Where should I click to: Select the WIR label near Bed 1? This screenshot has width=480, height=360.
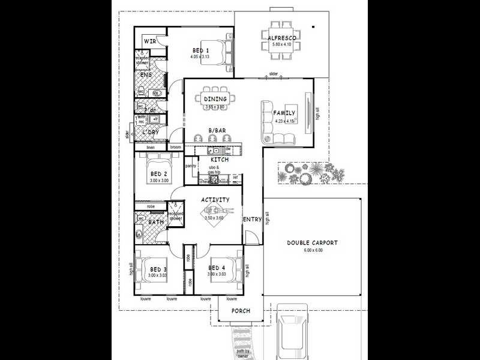tap(150, 41)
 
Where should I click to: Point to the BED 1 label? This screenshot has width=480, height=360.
tap(200, 50)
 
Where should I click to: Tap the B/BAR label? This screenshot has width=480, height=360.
tap(217, 130)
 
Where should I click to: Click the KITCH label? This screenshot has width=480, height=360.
tap(218, 160)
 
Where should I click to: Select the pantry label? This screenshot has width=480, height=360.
tap(191, 166)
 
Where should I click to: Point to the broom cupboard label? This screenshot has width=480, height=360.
tap(175, 147)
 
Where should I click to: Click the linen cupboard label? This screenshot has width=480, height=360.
tap(150, 147)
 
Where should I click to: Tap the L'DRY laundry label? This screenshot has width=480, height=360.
tap(150, 131)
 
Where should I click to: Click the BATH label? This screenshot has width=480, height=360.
tap(156, 223)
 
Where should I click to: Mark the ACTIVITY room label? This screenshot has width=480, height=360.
tap(215, 200)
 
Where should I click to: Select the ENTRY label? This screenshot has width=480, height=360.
tap(252, 220)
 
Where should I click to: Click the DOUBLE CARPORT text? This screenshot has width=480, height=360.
tap(312, 243)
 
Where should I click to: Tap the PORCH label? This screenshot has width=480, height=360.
tap(240, 311)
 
